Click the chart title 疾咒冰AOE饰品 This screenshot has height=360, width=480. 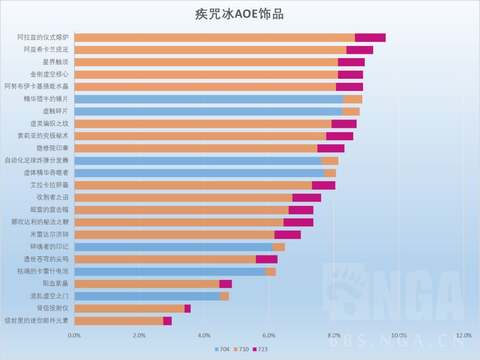[239, 14]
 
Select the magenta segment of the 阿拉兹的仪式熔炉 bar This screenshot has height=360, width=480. [370, 37]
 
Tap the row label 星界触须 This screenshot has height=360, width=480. [55, 62]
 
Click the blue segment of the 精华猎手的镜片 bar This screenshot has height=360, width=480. [209, 99]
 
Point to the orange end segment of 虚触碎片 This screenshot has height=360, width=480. [351, 111]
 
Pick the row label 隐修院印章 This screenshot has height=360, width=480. [52, 148]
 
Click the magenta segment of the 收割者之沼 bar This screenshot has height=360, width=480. [307, 197]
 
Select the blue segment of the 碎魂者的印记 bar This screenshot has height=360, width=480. [173, 247]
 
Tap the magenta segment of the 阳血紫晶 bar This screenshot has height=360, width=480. [225, 284]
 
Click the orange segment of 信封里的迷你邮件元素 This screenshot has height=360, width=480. [119, 321]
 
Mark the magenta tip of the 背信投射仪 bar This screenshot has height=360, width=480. [187, 308]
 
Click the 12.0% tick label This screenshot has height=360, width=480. [464, 335]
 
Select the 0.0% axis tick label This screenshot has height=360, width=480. [75, 335]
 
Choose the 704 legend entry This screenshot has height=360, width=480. [222, 349]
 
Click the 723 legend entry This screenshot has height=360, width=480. [260, 349]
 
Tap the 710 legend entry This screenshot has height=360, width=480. [241, 349]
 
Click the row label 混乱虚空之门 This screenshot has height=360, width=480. [49, 296]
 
